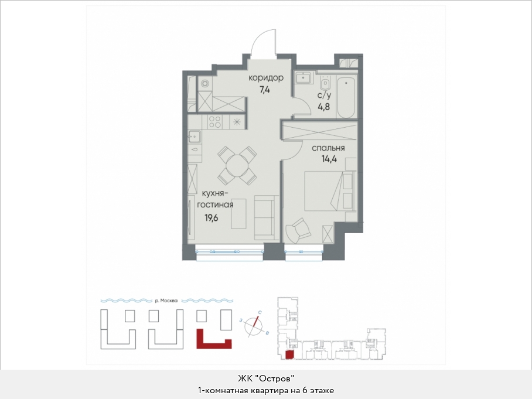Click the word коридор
pyautogui.click(x=265, y=78)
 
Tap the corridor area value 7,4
pyautogui.click(x=264, y=90)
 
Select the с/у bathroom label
pyautogui.click(x=325, y=95)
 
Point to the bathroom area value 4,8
pyautogui.click(x=323, y=107)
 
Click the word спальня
pyautogui.click(x=328, y=148)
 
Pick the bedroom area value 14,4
pyautogui.click(x=329, y=159)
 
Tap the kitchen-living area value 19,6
pyautogui.click(x=211, y=218)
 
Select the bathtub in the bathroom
pyautogui.click(x=346, y=96)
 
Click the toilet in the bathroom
pyautogui.click(x=325, y=82)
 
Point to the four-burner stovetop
pyautogui.click(x=215, y=122)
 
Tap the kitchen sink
pyautogui.click(x=194, y=137)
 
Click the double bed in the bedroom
pyautogui.click(x=329, y=192)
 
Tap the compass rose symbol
pyautogui.click(x=254, y=325)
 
